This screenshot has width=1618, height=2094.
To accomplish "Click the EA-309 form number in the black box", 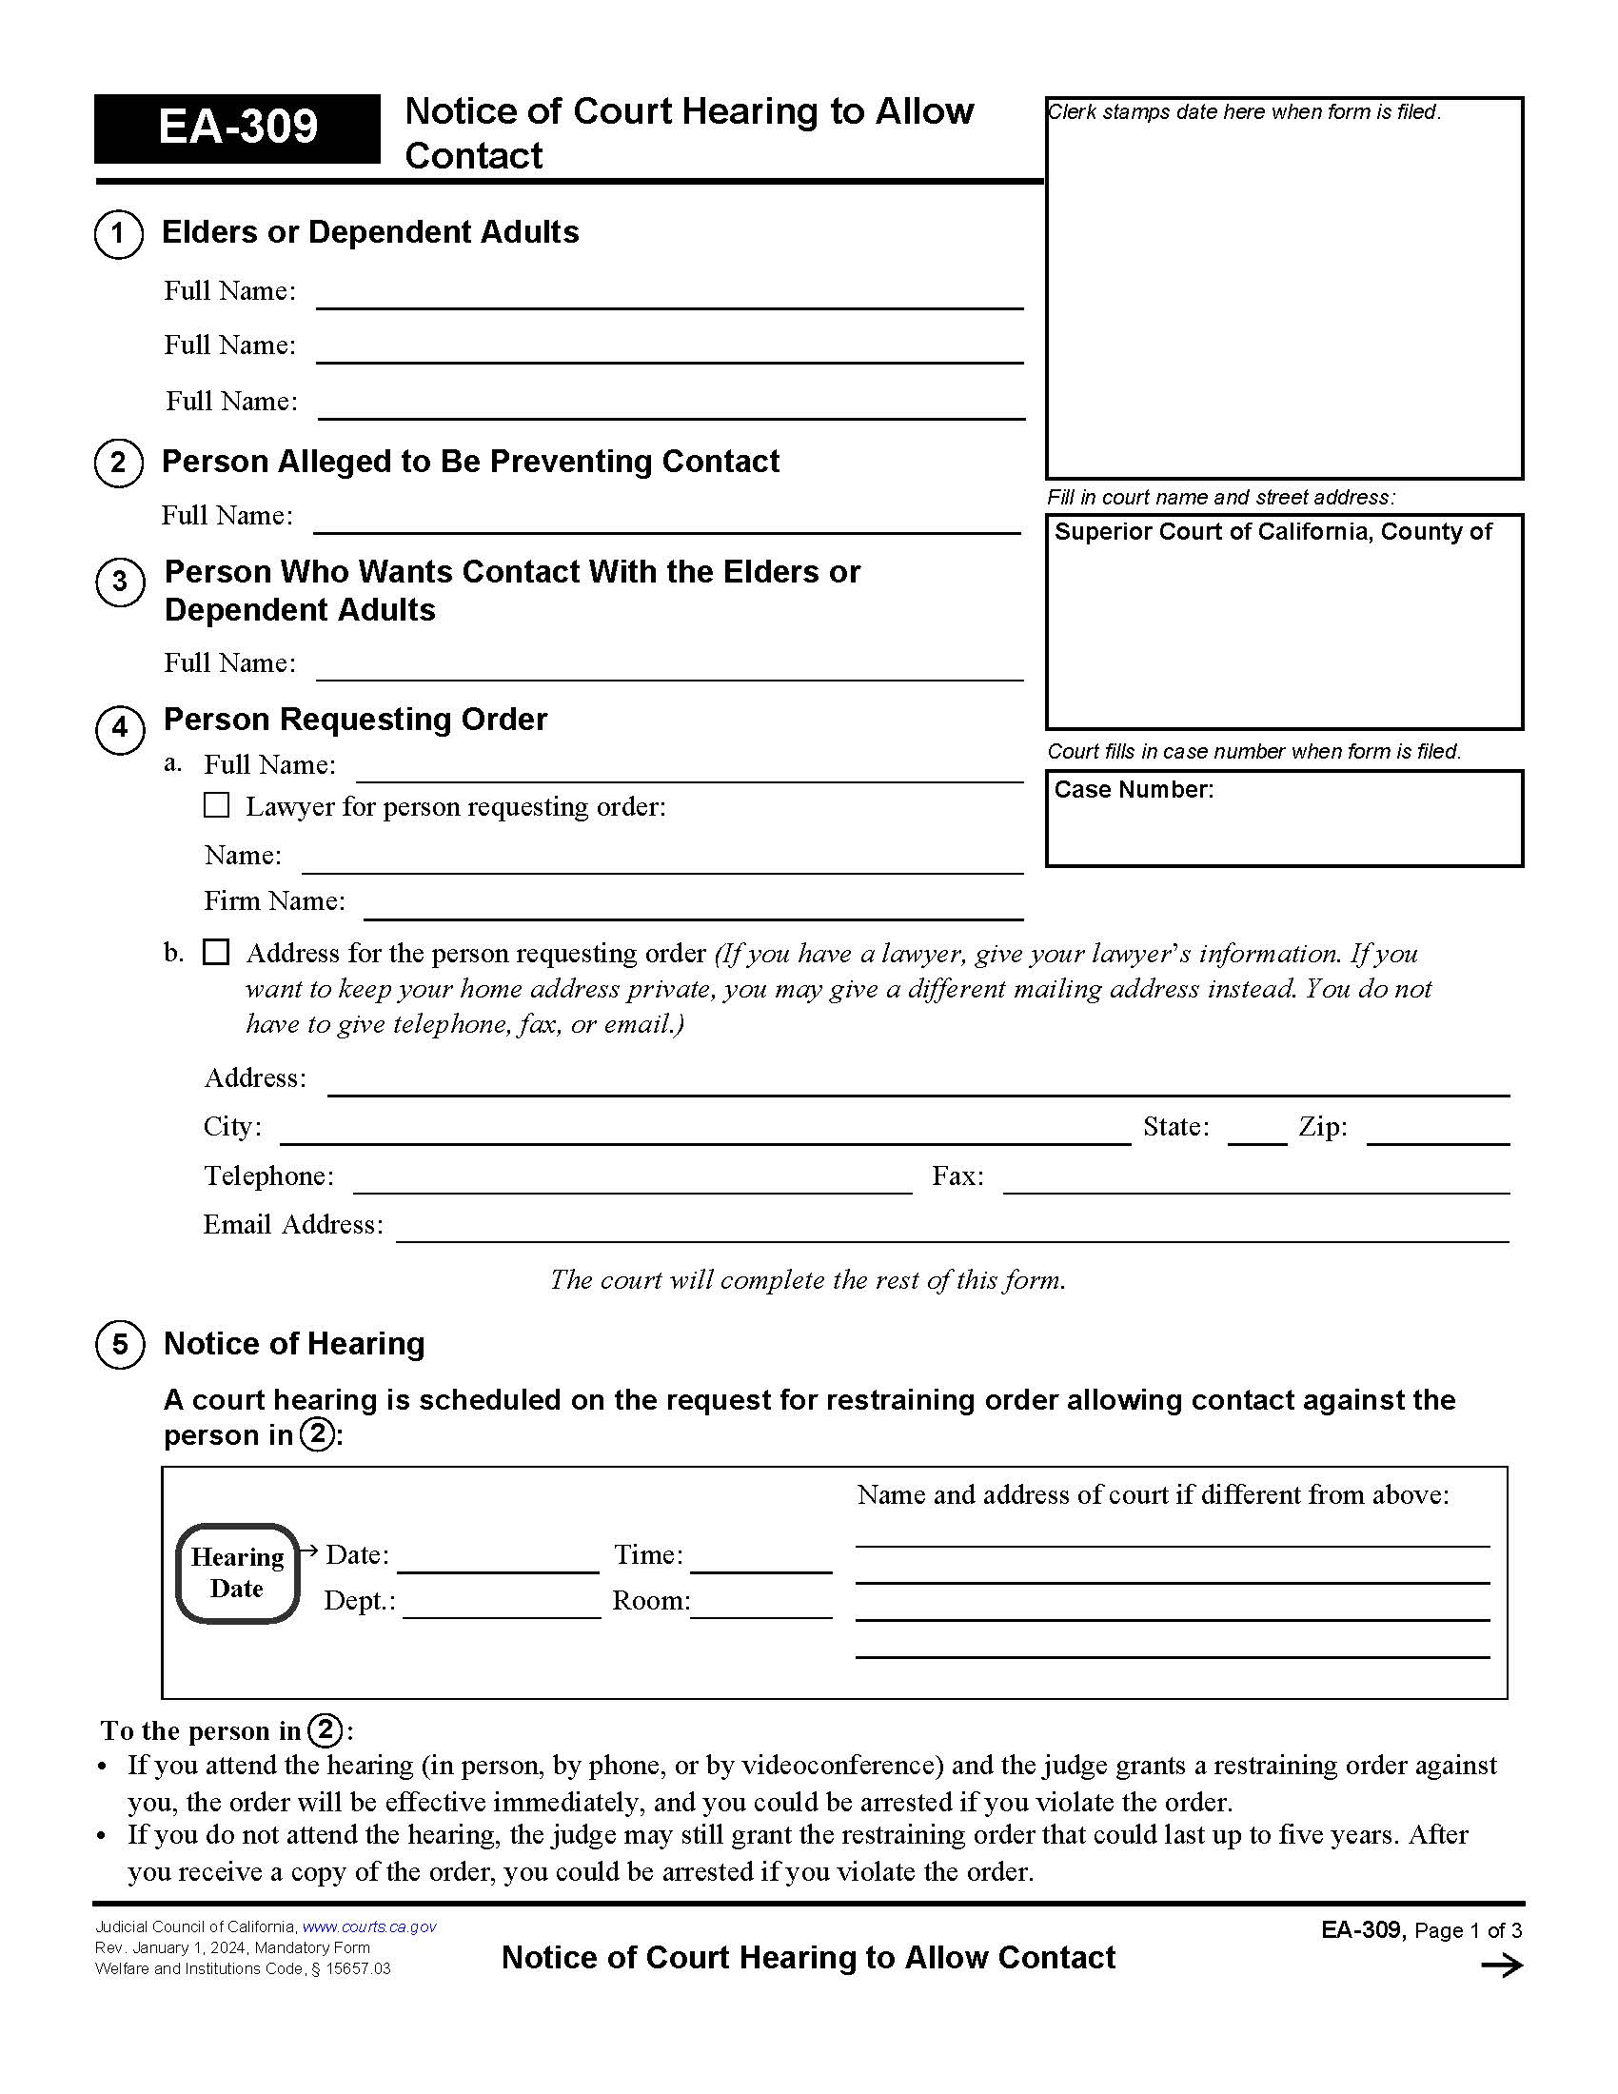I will click(237, 128).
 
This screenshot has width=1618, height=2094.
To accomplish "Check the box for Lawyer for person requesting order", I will click(217, 804).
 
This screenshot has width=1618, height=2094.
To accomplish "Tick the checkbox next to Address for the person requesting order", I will click(217, 952).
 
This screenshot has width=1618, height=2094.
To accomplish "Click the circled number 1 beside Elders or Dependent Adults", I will click(119, 233).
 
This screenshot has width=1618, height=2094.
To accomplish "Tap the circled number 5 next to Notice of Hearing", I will click(120, 1344).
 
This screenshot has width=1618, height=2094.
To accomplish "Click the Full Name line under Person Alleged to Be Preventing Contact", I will click(666, 523).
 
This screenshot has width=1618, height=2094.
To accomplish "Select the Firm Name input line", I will click(692, 908).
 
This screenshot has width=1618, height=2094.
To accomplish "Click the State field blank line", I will click(1255, 1134).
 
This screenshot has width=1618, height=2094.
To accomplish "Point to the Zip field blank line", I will click(1437, 1134).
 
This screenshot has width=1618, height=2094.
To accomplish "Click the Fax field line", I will click(1254, 1182).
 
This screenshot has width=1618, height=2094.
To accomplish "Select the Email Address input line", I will click(952, 1231).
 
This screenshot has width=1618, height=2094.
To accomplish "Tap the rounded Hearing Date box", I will click(237, 1572).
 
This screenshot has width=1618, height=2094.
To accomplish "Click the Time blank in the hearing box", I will click(760, 1561).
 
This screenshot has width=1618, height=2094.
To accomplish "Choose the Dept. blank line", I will click(501, 1607).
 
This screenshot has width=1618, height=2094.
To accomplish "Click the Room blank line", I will click(760, 1607).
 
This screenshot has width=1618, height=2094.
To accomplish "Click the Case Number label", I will click(1133, 789).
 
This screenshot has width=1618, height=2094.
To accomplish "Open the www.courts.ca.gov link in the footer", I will click(369, 1926).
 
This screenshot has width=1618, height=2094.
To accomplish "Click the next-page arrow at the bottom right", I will click(1501, 1966).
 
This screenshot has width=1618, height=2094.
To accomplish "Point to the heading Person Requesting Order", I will click(355, 719).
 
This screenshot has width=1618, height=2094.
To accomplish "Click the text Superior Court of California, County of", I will click(1272, 532).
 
